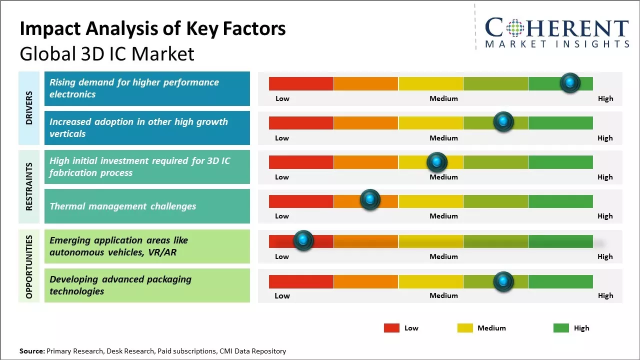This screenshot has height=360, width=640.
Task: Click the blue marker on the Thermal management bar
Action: point(370,199)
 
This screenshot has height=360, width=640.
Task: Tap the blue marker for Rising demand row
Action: point(570,82)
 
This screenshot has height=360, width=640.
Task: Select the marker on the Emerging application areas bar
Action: point(303,240)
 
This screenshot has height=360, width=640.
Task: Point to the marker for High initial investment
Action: point(437,161)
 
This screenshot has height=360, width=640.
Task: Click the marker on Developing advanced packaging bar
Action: point(503,281)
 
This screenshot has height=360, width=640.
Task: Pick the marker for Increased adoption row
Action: point(503,121)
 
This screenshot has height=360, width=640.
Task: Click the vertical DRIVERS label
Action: point(29,108)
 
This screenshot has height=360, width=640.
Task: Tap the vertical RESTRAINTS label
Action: point(29,186)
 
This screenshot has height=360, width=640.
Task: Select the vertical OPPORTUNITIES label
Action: point(29,266)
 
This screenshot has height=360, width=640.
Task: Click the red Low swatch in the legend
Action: point(391,328)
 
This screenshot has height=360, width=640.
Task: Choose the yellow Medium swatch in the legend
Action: point(465,328)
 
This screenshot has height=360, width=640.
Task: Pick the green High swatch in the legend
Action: point(561,328)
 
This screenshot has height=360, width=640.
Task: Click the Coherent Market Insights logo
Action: point(556,32)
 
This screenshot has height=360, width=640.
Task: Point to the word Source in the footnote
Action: point(31,351)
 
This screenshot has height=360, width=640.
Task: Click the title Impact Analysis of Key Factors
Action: point(152,28)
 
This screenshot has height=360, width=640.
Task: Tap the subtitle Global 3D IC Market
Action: point(107,54)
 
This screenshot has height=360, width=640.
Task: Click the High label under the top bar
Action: point(605,98)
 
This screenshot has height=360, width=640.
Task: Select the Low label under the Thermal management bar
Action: point(282,216)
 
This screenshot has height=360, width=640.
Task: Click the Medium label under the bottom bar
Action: point(443,295)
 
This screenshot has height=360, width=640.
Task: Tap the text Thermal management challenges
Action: point(122,206)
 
